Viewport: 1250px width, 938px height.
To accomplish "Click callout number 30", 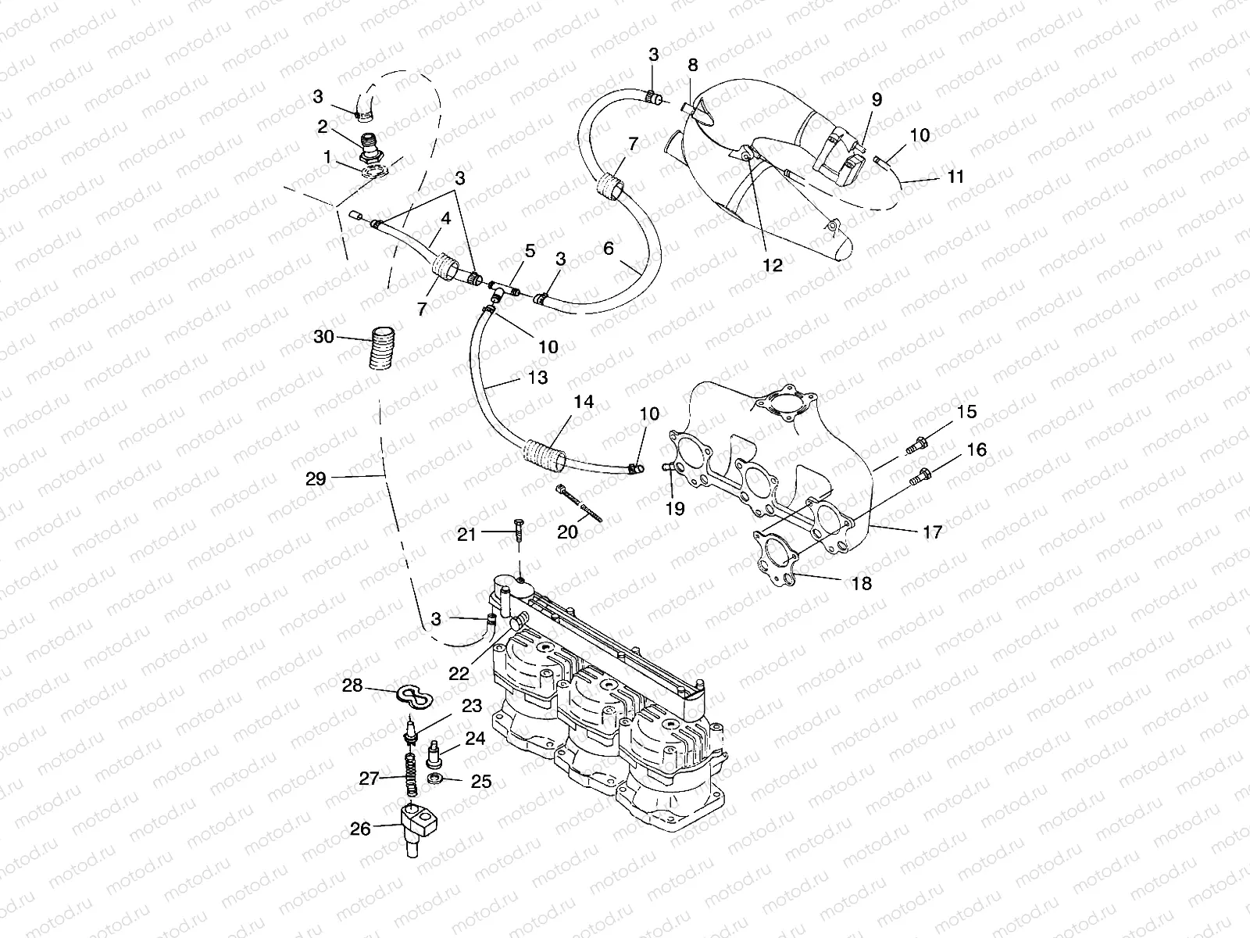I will pos(323,337).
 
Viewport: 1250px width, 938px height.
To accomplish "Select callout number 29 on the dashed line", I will pos(316,479).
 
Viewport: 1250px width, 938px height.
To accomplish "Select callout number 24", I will pos(476,739).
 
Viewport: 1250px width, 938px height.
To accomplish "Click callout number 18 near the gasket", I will pos(862,583).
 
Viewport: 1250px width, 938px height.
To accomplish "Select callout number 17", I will pos(932,532).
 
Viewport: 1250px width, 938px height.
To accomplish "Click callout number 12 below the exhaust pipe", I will pos(772,265).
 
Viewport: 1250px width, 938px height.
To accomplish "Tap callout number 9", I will pos(877,99).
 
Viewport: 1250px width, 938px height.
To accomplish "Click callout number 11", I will pos(955,177).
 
